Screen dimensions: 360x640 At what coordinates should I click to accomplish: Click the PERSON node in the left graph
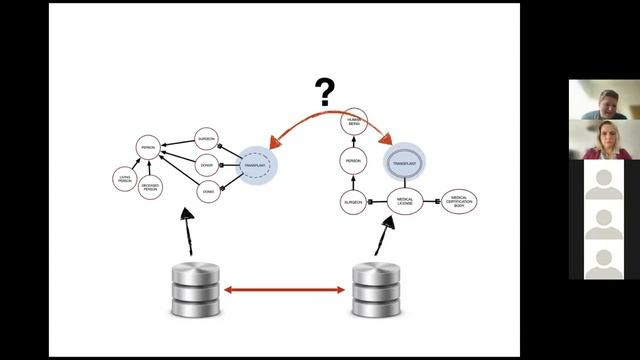149,146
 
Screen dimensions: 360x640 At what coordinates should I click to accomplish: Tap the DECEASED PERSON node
151,185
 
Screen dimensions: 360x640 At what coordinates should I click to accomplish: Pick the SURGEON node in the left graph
207,139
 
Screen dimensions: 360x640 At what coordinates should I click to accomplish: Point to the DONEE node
207,189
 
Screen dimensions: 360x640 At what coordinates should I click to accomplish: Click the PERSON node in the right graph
353,161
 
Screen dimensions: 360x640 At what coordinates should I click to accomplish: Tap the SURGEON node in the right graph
353,202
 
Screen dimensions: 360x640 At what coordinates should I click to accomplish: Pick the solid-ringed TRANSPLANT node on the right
405,160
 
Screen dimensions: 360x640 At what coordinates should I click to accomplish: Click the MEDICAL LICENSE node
405,201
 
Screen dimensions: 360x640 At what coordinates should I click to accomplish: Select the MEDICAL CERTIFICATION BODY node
459,200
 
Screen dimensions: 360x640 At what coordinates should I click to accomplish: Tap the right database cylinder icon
377,290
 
